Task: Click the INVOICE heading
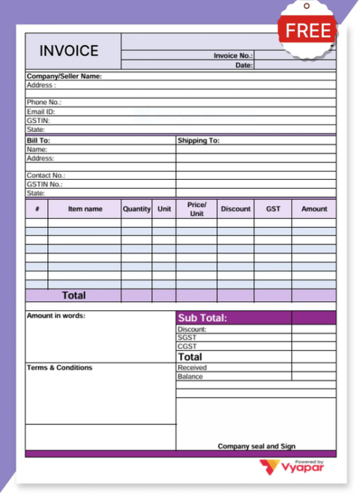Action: coord(69,51)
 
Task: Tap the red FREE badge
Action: coord(309,31)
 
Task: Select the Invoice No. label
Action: coord(233,55)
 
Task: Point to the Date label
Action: coord(244,65)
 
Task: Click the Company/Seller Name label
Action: coord(64,76)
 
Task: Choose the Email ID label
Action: coord(41,112)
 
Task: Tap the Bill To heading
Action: coord(38,140)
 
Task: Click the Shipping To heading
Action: coord(198,140)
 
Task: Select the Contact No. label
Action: coord(45,175)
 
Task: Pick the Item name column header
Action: coord(85,209)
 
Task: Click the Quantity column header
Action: coord(136,209)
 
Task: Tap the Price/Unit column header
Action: coord(196,209)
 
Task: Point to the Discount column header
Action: coord(235,209)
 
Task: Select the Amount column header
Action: coord(314,209)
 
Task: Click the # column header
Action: coord(37,209)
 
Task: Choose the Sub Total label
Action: coord(202,319)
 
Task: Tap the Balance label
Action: coord(190,376)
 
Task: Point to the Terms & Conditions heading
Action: coord(60,368)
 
